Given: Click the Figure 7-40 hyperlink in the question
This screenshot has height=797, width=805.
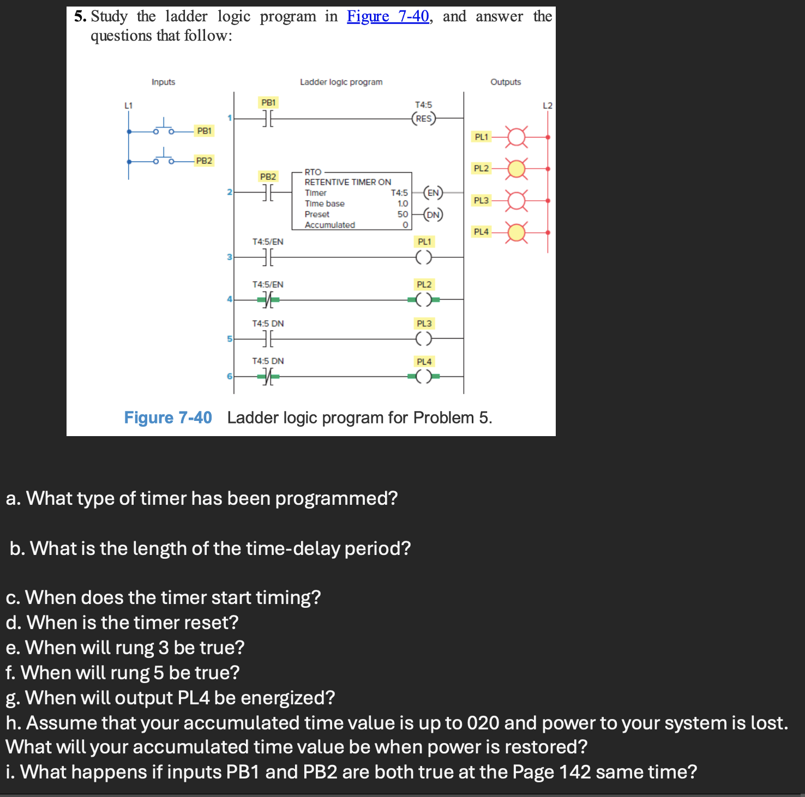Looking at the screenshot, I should click(x=388, y=16).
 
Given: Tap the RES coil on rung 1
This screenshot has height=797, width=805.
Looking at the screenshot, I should click(x=424, y=118).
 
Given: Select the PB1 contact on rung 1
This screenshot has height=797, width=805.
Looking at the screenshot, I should click(x=268, y=118).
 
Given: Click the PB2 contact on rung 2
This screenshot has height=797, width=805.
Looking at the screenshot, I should click(x=268, y=192).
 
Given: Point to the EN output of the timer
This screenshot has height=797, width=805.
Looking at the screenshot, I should click(x=433, y=192).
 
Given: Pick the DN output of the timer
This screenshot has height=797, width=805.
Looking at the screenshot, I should click(x=433, y=214).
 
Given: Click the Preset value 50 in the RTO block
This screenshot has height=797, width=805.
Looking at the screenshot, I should click(x=403, y=214).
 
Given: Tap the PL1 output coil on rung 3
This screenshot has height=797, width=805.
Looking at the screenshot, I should click(x=424, y=257).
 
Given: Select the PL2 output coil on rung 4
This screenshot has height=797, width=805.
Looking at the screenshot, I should click(x=424, y=299).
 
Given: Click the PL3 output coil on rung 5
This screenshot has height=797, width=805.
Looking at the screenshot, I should click(x=424, y=339).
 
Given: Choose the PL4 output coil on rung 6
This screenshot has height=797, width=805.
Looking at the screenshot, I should click(x=424, y=376).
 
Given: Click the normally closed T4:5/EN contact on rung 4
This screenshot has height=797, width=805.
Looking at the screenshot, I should click(x=268, y=299).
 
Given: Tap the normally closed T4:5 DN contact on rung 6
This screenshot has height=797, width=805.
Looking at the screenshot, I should click(x=268, y=376).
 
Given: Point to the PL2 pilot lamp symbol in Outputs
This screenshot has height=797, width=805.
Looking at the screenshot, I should click(x=516, y=169).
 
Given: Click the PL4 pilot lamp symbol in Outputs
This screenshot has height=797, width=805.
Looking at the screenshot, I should click(x=516, y=233).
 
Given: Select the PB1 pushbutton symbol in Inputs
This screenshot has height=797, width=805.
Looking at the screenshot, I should click(x=163, y=129).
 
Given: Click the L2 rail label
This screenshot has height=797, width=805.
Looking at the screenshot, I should click(x=548, y=106).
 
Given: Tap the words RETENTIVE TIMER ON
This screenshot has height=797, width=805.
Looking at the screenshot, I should click(x=347, y=182).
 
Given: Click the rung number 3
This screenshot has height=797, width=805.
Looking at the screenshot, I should click(x=230, y=257).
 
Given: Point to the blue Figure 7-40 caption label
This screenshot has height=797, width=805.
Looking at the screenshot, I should click(x=167, y=418).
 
